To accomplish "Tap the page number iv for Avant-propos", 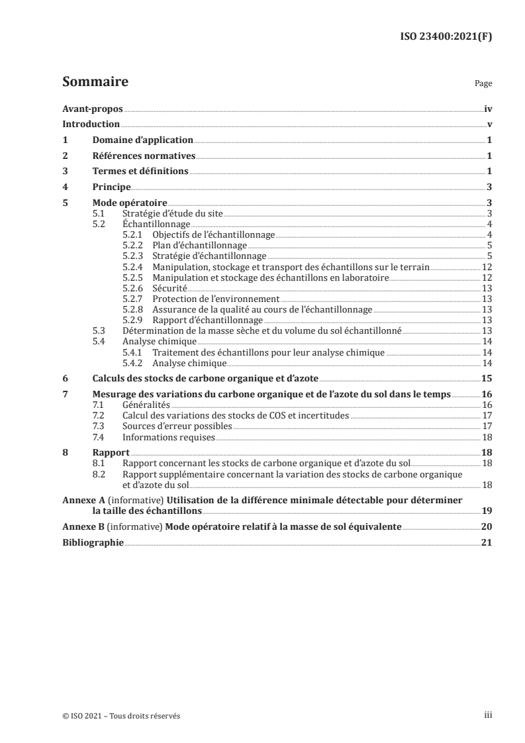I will [487, 109].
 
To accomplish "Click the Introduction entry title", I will [91, 124].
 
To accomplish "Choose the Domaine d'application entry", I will [142, 140].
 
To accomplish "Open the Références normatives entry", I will [144, 156].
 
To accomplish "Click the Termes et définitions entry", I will [140, 172].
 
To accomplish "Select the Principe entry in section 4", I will [111, 187].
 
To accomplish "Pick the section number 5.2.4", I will [134, 266].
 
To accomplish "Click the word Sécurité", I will [169, 288].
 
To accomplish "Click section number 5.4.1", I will [134, 352].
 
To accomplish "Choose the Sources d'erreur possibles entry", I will [177, 426].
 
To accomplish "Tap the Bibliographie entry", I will [93, 542].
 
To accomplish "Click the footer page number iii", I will [488, 716].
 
